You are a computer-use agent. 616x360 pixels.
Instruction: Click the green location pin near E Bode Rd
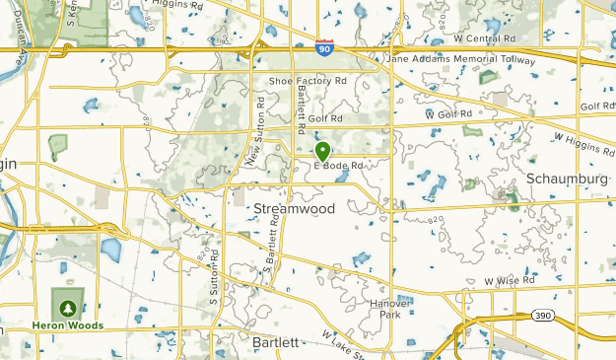coord(322,151)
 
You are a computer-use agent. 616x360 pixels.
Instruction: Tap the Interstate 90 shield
coord(324,46)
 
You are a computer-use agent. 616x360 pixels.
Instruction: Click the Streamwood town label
coord(295,209)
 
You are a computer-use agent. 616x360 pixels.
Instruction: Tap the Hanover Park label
coord(390,309)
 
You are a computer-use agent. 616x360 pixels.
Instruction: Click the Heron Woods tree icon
coord(67,306)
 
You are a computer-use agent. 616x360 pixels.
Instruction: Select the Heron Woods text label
coord(66,325)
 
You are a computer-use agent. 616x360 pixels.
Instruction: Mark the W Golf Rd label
coord(448,114)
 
